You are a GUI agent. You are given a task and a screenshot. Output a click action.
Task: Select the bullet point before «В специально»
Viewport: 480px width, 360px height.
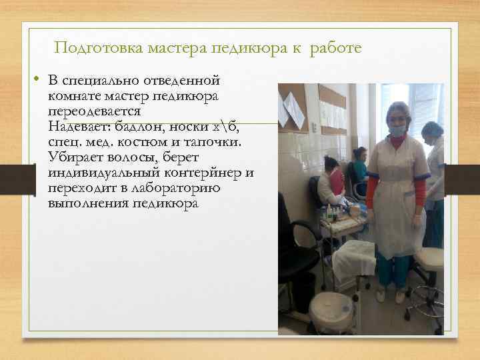[39, 81]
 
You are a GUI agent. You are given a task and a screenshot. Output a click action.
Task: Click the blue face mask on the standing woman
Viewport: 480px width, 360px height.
[397, 131]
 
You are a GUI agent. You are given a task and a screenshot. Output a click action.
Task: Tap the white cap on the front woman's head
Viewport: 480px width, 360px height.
[398, 109]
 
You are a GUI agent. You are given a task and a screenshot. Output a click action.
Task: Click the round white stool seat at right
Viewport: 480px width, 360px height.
[430, 257]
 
